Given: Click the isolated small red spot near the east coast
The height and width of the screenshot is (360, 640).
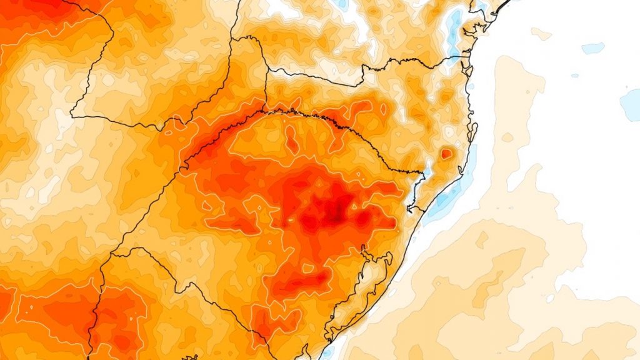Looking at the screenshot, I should (446, 153).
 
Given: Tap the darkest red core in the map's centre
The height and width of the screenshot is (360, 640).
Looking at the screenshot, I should (336, 216).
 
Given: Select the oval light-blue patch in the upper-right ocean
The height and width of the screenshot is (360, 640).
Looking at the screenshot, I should (592, 48).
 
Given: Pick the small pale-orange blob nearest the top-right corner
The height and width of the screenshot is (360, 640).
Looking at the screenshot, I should (541, 34).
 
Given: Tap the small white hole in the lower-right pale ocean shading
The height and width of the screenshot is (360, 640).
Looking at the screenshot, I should (549, 299).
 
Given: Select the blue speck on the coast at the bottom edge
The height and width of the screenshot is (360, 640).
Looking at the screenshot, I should (326, 354).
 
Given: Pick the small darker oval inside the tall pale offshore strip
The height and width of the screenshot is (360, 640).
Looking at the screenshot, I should (507, 137).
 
